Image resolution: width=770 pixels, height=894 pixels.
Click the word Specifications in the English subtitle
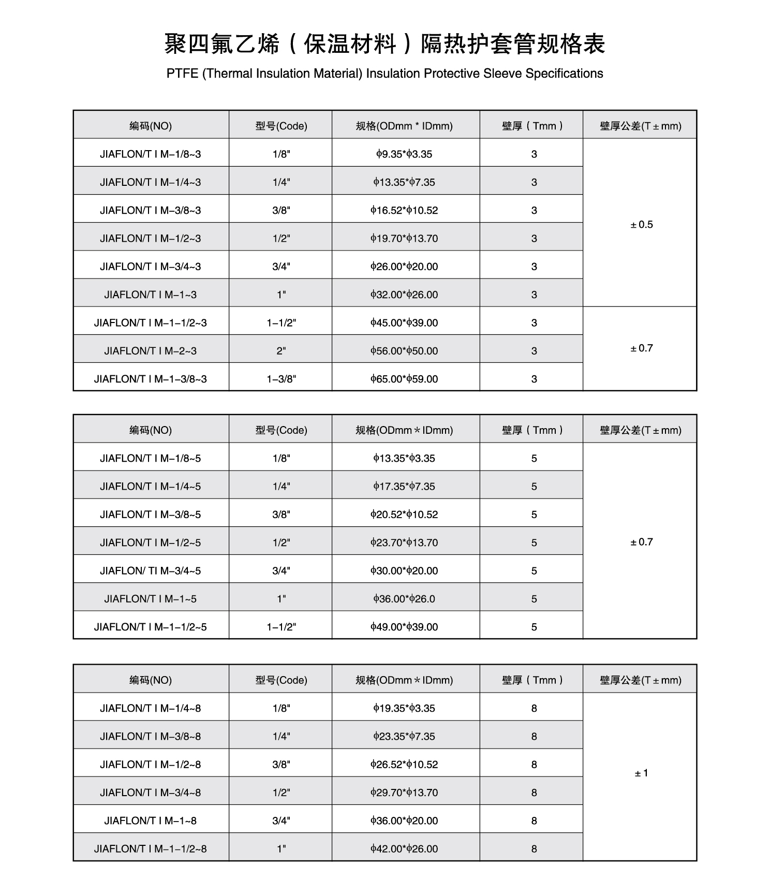coord(564,74)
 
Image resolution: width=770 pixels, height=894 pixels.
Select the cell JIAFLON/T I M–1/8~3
coord(151,154)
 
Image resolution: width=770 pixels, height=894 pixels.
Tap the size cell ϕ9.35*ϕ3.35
coord(404,154)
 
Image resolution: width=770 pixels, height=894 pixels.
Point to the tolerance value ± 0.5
coord(641,224)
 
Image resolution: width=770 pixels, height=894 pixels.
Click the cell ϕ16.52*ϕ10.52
coord(404,210)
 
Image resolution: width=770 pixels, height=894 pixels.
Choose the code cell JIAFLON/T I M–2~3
coord(151,350)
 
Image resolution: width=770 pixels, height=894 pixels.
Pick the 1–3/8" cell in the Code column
coord(281,379)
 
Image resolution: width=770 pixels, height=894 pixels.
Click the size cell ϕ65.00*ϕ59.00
coord(404,379)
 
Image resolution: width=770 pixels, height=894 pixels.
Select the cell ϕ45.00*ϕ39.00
coord(404,323)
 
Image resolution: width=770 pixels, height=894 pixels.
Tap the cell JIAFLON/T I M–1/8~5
coord(151,458)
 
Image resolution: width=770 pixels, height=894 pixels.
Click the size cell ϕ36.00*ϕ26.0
coord(404,599)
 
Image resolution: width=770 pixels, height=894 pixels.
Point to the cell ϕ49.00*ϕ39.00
coord(404,627)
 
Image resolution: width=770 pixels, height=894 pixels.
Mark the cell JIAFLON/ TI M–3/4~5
coord(151,570)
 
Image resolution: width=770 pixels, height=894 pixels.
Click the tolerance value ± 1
coord(641,773)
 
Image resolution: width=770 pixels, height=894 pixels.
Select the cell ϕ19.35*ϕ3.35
coord(404,708)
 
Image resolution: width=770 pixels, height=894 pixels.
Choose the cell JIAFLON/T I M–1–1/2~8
coord(151,848)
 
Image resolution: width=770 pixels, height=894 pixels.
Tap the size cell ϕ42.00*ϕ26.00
coord(404,848)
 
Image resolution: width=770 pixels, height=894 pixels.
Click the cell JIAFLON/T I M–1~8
coord(151,820)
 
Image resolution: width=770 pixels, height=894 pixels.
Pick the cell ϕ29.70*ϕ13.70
coord(404,793)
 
